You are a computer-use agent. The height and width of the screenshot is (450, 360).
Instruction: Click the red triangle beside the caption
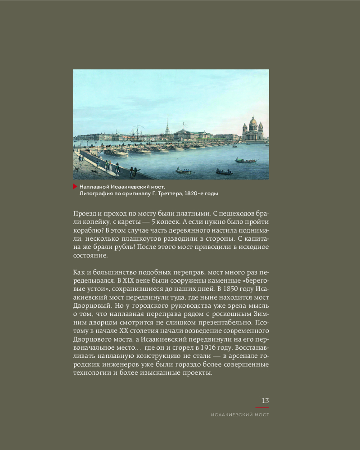point(75,186)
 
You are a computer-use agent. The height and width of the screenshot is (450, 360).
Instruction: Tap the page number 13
point(265,400)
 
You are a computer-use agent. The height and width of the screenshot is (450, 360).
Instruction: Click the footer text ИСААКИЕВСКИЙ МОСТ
point(240,415)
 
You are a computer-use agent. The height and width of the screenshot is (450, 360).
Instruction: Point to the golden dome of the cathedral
point(253,121)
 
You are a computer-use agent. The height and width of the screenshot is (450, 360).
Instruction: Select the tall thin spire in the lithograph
point(167,126)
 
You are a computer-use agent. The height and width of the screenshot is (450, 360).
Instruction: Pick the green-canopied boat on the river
point(246,160)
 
